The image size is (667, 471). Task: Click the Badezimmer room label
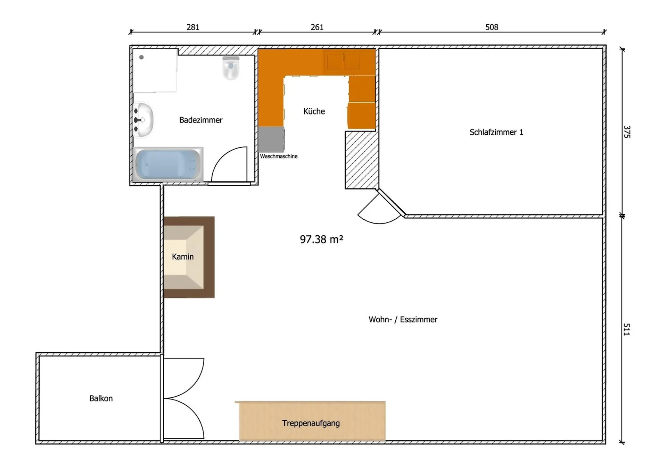(201, 120)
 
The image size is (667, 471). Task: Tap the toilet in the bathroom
(231, 68)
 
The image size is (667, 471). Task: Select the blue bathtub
(168, 164)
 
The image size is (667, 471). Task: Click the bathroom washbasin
(143, 120)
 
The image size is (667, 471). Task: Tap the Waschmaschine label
(279, 157)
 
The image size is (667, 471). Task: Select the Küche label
(314, 111)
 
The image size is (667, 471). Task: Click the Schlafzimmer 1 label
(496, 132)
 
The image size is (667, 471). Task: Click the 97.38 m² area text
(321, 239)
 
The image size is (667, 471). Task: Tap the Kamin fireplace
(189, 257)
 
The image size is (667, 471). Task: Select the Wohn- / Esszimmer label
(403, 320)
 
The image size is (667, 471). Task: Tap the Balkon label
(101, 398)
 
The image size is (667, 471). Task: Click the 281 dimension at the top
(193, 27)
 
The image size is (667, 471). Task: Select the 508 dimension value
(492, 27)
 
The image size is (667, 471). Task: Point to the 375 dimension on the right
(627, 132)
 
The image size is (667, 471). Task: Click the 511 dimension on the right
(627, 329)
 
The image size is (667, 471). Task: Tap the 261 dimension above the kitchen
(317, 27)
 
